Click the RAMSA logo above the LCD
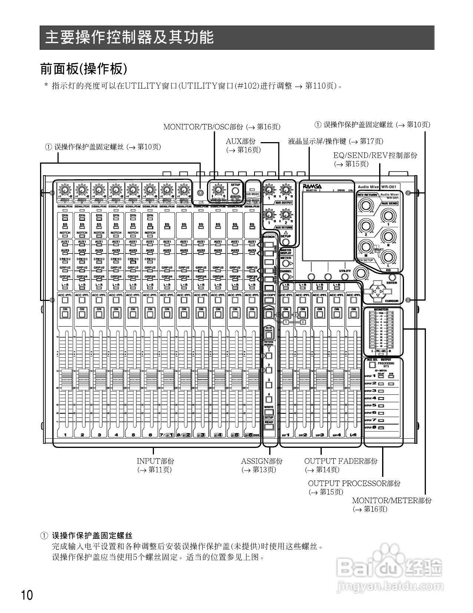click(312, 186)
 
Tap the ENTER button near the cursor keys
click(392, 277)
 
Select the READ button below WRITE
click(269, 426)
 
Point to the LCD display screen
click(328, 226)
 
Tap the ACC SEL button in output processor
click(372, 365)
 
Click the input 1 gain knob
click(65, 190)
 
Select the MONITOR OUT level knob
click(218, 190)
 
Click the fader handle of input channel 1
click(65, 378)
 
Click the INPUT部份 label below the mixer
click(155, 461)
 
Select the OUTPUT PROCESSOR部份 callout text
click(354, 483)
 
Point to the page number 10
click(27, 595)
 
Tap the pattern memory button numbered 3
click(269, 385)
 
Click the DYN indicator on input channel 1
click(65, 219)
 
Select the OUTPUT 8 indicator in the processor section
click(381, 428)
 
